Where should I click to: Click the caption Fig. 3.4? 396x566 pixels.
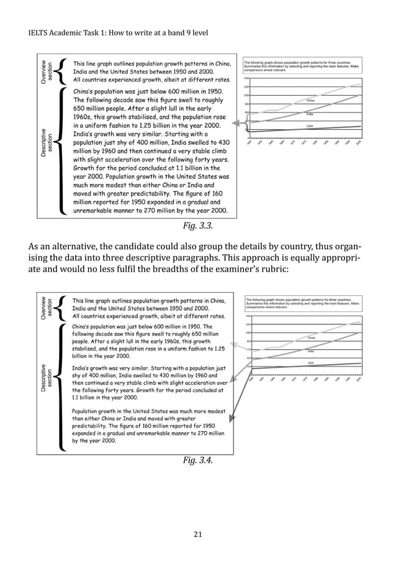pos(197,460)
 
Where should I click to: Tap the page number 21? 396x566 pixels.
pos(197,533)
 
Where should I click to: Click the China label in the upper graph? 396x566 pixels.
pos(311,99)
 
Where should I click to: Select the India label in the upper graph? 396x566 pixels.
pos(308,114)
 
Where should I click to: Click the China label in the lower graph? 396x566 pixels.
pos(312,337)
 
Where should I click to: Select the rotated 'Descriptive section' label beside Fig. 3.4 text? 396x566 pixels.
pos(46,377)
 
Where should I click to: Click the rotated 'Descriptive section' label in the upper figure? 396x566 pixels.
pos(46,140)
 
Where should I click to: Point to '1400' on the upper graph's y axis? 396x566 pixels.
pos(246,79)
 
